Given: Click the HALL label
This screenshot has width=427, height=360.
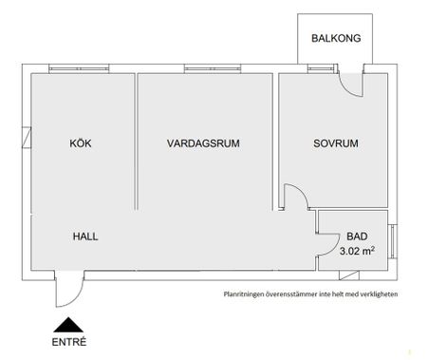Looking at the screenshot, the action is [x=85, y=236].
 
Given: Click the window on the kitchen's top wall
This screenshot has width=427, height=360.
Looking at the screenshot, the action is [x=80, y=67].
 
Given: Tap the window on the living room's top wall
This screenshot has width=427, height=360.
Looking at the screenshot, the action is [x=203, y=67].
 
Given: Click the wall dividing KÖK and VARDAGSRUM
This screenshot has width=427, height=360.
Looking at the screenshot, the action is [x=136, y=142].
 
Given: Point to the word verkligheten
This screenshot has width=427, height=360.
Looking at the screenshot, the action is [x=375, y=294].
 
